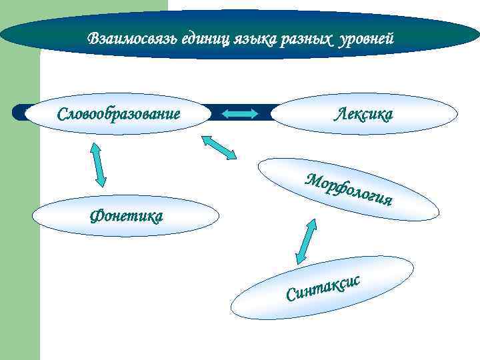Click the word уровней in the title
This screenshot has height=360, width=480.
pos(367,39)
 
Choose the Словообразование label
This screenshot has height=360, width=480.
pos(119,113)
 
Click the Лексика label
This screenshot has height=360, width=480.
pos(363,113)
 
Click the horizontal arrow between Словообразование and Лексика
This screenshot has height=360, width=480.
pos(239,114)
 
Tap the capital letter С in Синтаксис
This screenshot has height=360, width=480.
pos(291,294)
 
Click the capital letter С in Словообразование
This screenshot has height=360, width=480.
pos(62,113)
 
